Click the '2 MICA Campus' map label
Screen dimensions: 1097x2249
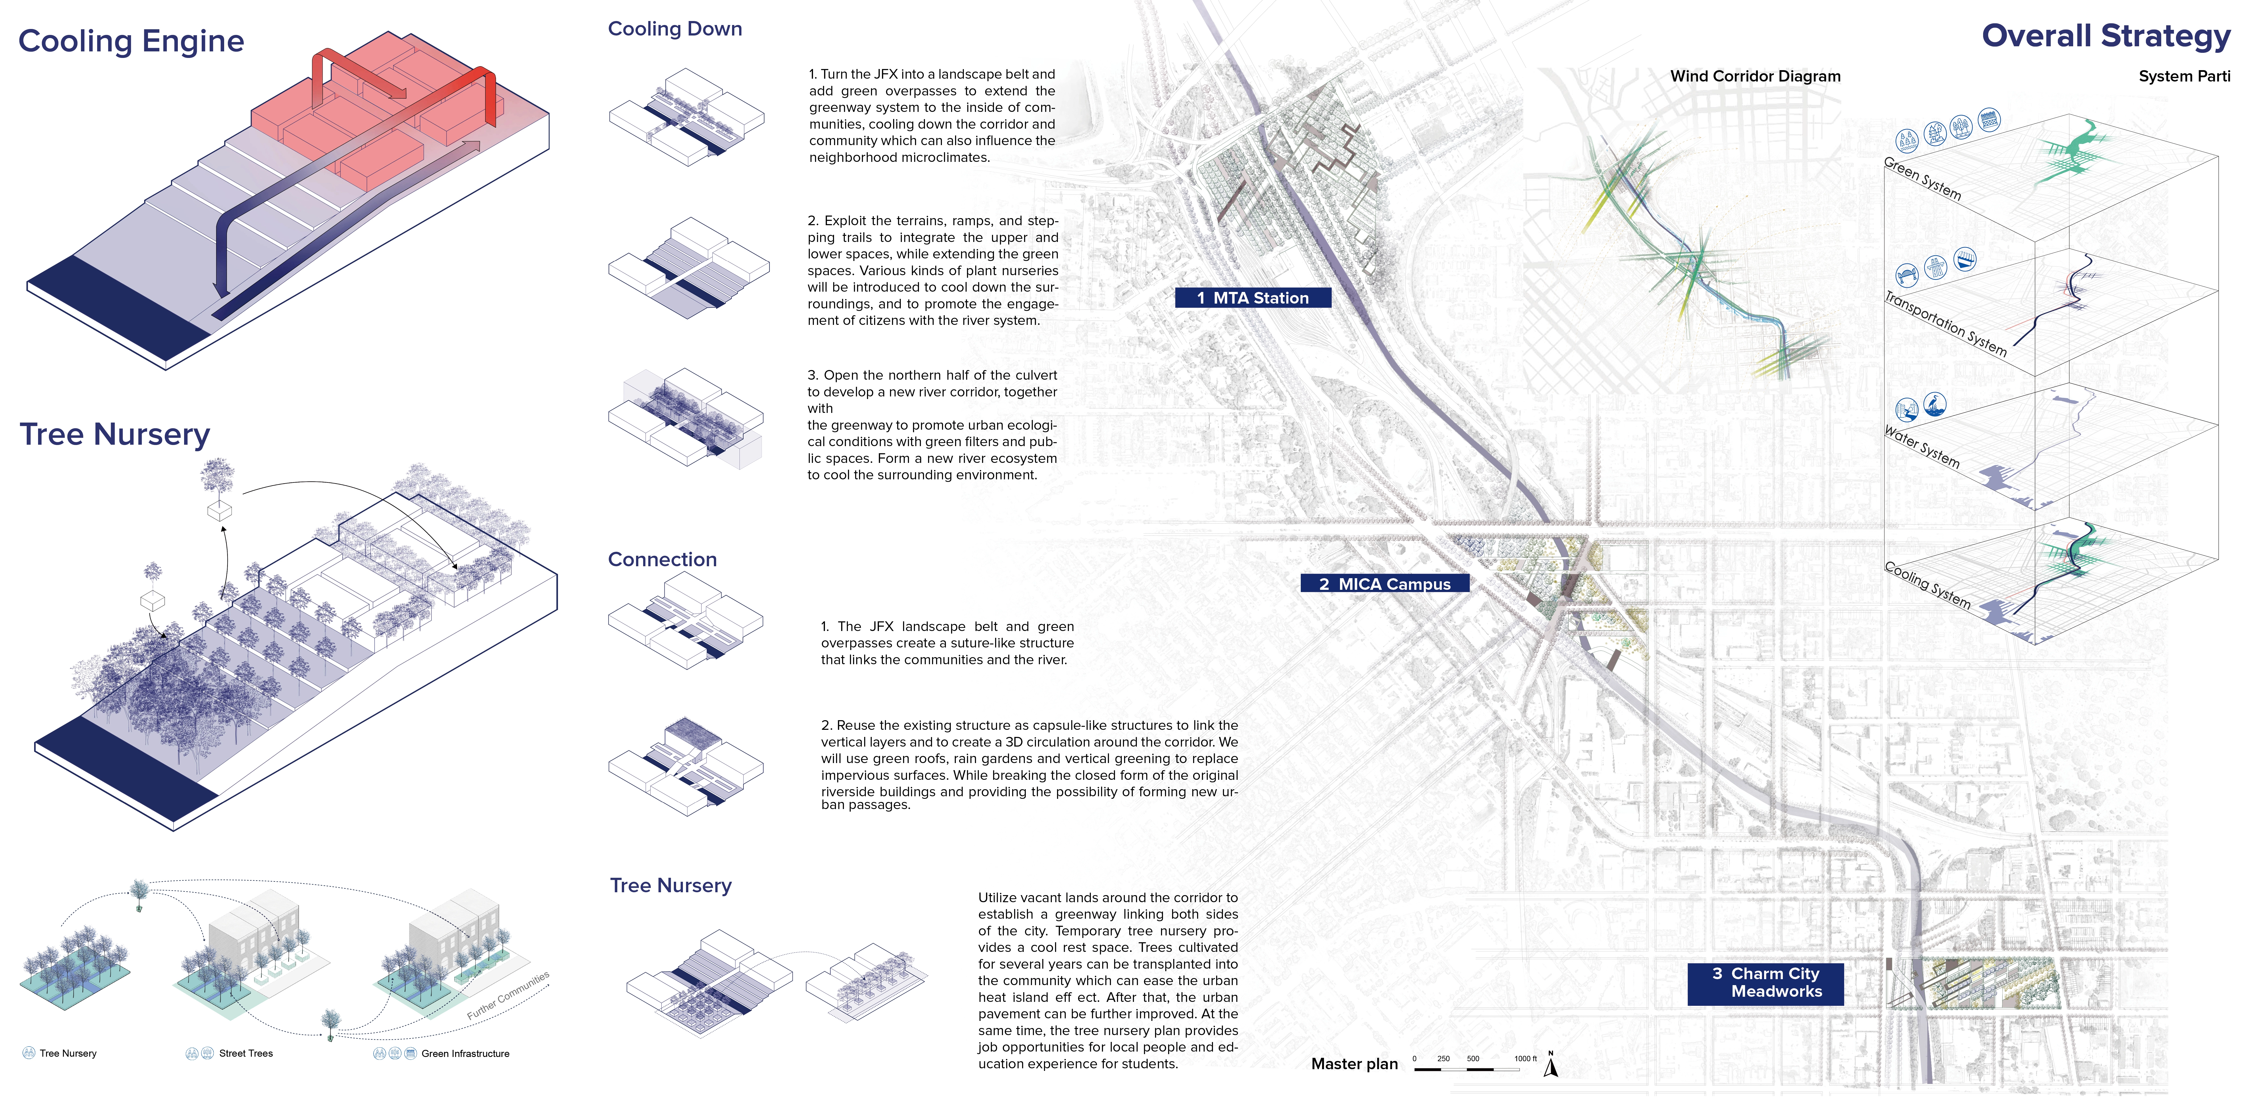(x=1385, y=584)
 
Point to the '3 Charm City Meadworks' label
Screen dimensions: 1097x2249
(x=1765, y=983)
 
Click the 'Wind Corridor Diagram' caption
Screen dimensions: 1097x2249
(x=1755, y=76)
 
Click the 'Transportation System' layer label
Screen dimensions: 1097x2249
(x=1945, y=323)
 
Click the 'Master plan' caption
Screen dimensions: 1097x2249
(x=1354, y=1064)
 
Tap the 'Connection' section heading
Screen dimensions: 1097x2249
(x=662, y=559)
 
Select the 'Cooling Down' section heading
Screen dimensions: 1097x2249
(x=675, y=29)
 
